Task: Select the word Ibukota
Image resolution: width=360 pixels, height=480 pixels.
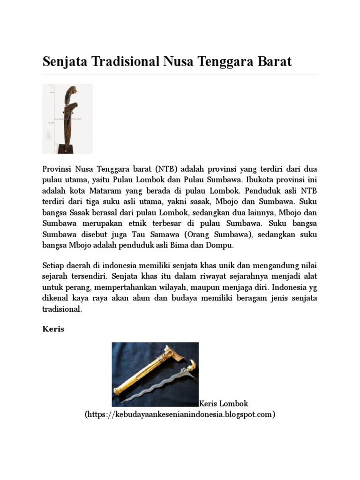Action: click(257, 180)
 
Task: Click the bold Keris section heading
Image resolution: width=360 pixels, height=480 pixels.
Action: click(53, 329)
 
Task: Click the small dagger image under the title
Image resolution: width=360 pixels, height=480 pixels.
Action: click(67, 119)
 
